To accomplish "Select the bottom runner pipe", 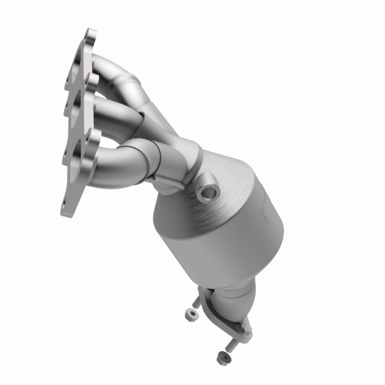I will point(115,158).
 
